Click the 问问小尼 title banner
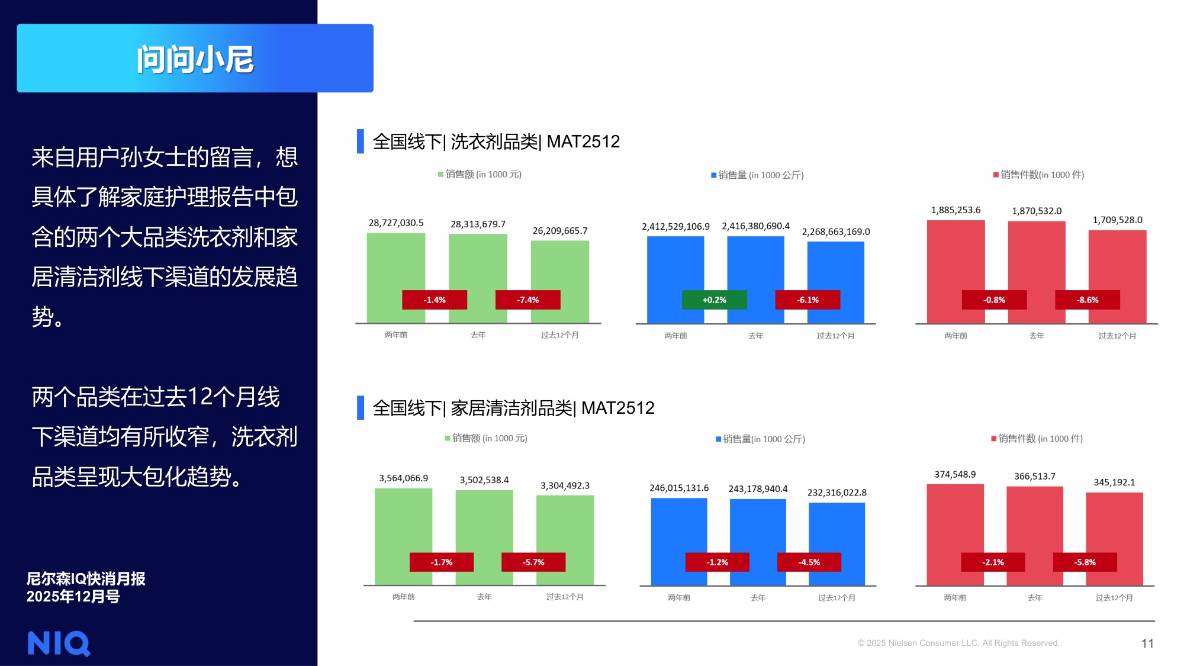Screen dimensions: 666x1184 tap(195, 58)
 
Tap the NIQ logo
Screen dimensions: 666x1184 tap(59, 643)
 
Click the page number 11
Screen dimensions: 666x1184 tap(1147, 643)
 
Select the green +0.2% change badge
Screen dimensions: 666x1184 tap(714, 300)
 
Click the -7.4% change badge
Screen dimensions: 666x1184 tap(527, 300)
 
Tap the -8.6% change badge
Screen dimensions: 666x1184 tap(1087, 300)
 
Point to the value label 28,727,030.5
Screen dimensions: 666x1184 tap(396, 223)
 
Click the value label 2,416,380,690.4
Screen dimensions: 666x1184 tap(755, 226)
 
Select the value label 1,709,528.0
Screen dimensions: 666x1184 tap(1117, 220)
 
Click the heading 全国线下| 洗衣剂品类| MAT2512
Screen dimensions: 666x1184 tap(496, 141)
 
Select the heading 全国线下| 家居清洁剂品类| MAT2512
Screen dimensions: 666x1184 tap(513, 408)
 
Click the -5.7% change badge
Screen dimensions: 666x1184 tap(533, 562)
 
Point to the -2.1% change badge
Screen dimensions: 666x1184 tap(993, 562)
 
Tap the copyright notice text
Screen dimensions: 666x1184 tap(958, 643)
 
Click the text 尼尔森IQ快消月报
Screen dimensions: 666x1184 tap(86, 578)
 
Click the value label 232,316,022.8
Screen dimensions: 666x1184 tap(836, 493)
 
